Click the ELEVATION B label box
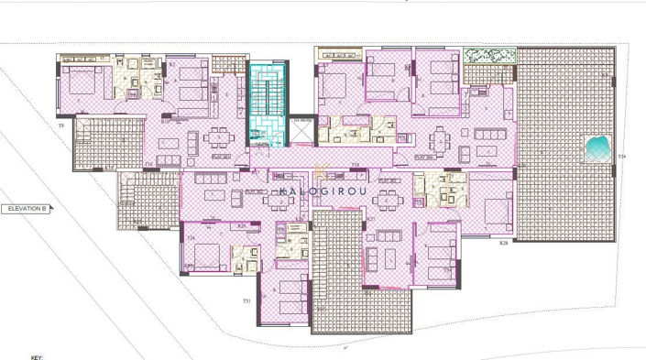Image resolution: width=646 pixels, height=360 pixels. point(26,209)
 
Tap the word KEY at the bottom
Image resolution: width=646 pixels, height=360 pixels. point(37,357)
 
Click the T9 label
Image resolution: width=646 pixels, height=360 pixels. point(61,124)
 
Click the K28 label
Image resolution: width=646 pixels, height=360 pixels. point(503,244)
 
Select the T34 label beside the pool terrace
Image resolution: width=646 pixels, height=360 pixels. point(621,158)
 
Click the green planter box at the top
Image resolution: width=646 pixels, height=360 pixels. point(487,56)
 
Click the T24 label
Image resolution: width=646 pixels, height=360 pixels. point(191,237)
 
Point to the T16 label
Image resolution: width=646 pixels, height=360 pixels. point(148,165)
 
